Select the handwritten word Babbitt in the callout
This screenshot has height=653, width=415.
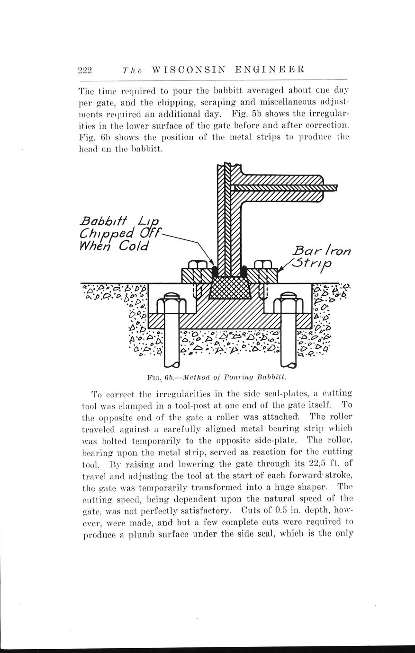click(x=103, y=221)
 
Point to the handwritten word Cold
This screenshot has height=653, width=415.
click(x=133, y=247)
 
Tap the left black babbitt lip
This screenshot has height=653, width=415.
click(x=215, y=272)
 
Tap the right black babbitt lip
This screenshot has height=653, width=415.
click(x=244, y=272)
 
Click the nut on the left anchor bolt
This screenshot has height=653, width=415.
click(x=171, y=300)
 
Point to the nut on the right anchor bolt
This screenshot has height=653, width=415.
click(x=289, y=300)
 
